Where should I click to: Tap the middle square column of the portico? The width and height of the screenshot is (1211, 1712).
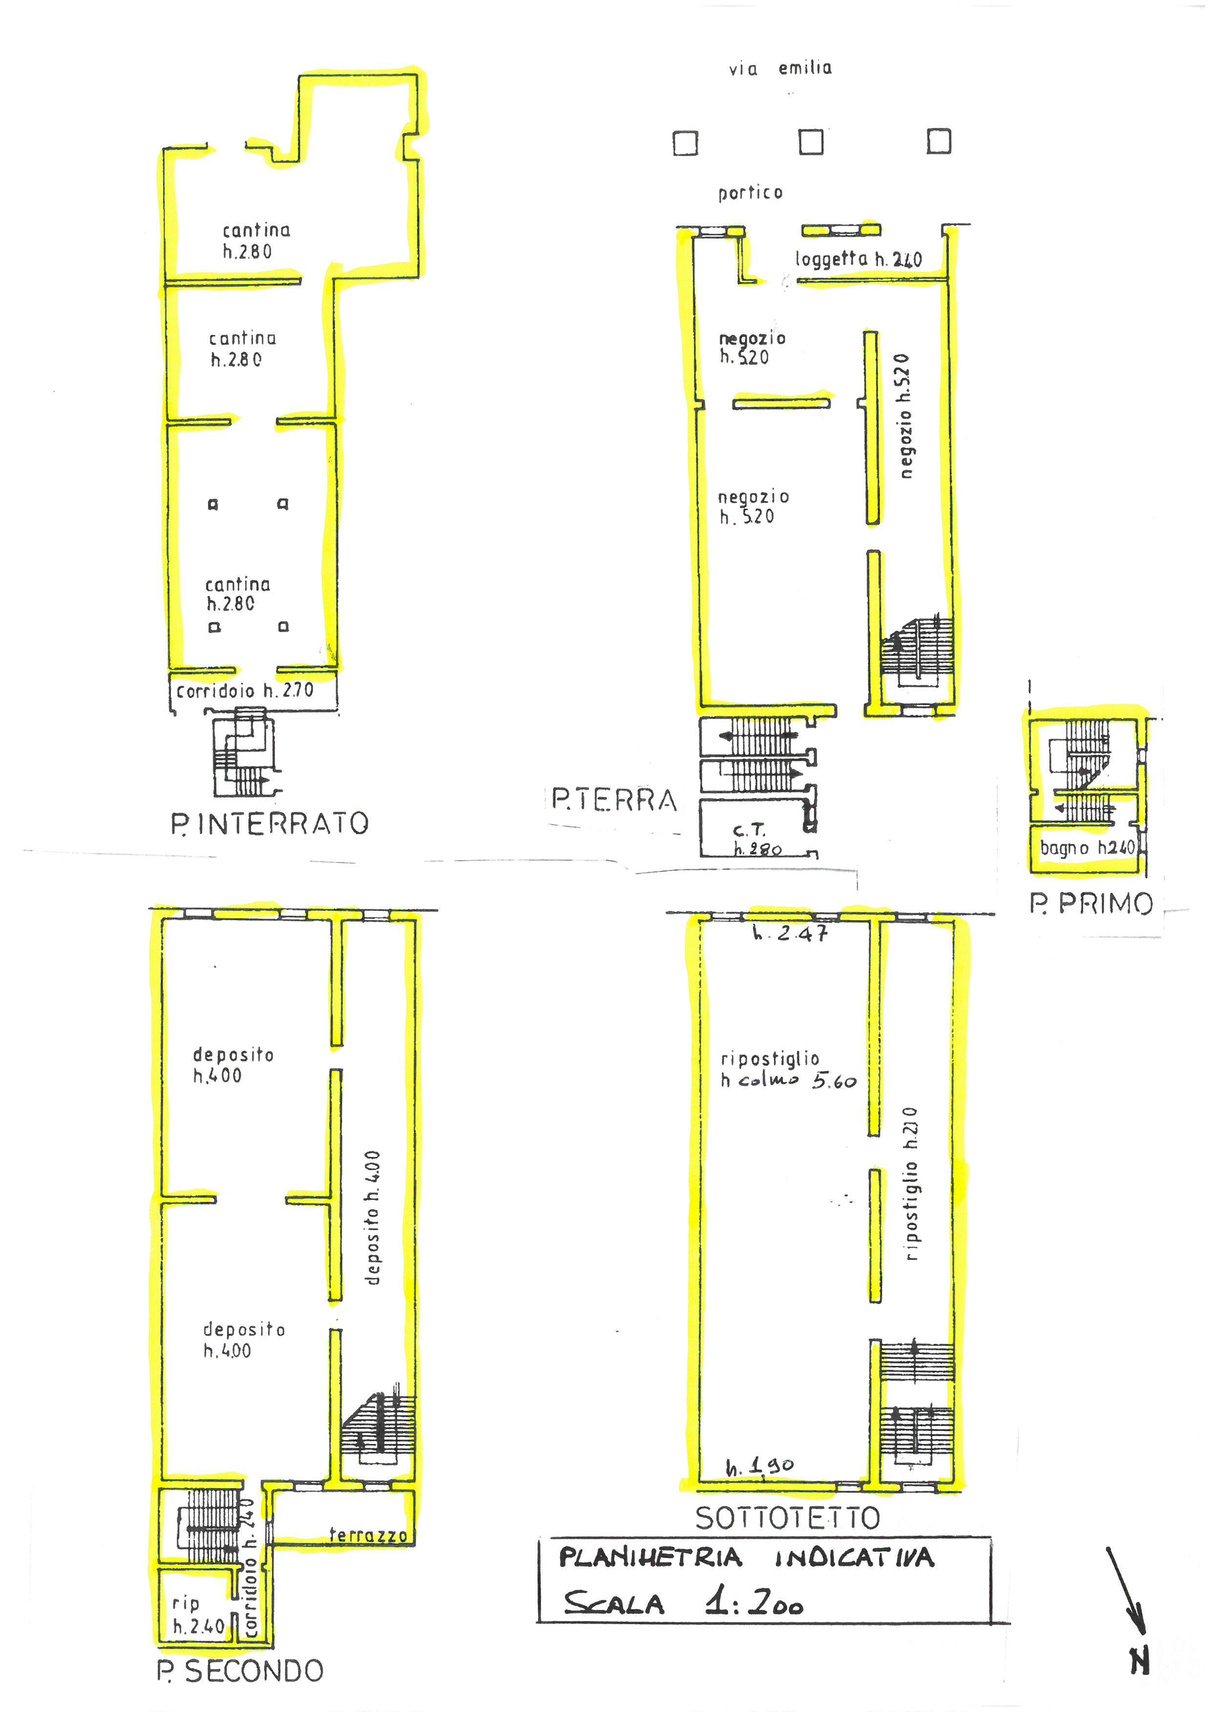click(x=811, y=142)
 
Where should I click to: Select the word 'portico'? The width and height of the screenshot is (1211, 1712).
click(x=750, y=193)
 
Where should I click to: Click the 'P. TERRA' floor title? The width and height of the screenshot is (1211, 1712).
click(x=614, y=801)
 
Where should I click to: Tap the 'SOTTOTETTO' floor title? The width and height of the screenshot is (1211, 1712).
click(x=788, y=1518)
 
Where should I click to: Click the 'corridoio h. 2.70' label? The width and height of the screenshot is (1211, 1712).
click(x=245, y=691)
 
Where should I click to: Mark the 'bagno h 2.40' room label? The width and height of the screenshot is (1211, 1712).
click(x=1087, y=848)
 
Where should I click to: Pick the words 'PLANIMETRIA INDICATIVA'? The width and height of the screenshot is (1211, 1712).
click(x=747, y=1558)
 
